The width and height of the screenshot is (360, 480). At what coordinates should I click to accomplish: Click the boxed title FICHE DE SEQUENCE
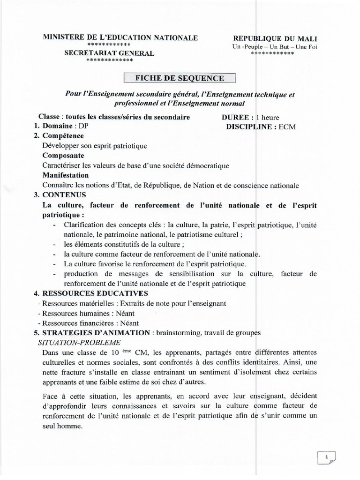[180, 78]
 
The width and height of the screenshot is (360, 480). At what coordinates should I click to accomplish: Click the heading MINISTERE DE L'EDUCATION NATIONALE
[120, 37]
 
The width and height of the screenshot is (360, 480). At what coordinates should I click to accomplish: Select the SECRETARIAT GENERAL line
[109, 53]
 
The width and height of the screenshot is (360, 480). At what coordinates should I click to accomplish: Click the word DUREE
[239, 117]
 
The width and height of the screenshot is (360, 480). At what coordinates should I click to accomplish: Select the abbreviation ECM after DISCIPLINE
[287, 127]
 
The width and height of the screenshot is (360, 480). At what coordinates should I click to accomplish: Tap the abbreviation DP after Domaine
[83, 127]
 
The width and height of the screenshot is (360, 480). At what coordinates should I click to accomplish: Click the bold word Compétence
[63, 136]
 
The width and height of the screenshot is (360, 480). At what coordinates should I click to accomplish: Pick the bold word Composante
[63, 156]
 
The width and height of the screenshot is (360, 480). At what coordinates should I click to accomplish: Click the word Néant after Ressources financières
[129, 323]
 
